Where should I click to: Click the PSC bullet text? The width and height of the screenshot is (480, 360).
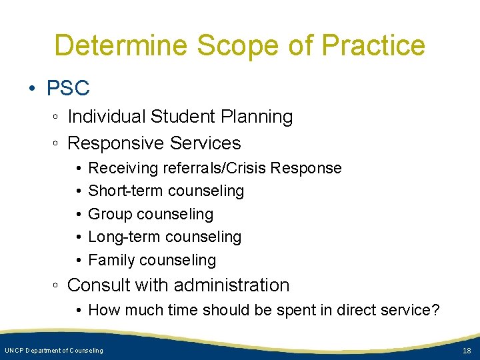pos(68,87)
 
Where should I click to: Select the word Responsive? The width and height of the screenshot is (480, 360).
pos(117,143)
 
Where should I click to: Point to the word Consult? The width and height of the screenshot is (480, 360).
pos(103,285)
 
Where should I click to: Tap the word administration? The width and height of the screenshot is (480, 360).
pos(231,285)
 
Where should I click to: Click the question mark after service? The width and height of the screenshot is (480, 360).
pos(436,310)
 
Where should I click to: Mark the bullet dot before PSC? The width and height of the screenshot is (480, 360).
pos(33,88)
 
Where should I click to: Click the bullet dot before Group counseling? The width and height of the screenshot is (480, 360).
pos(79,214)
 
